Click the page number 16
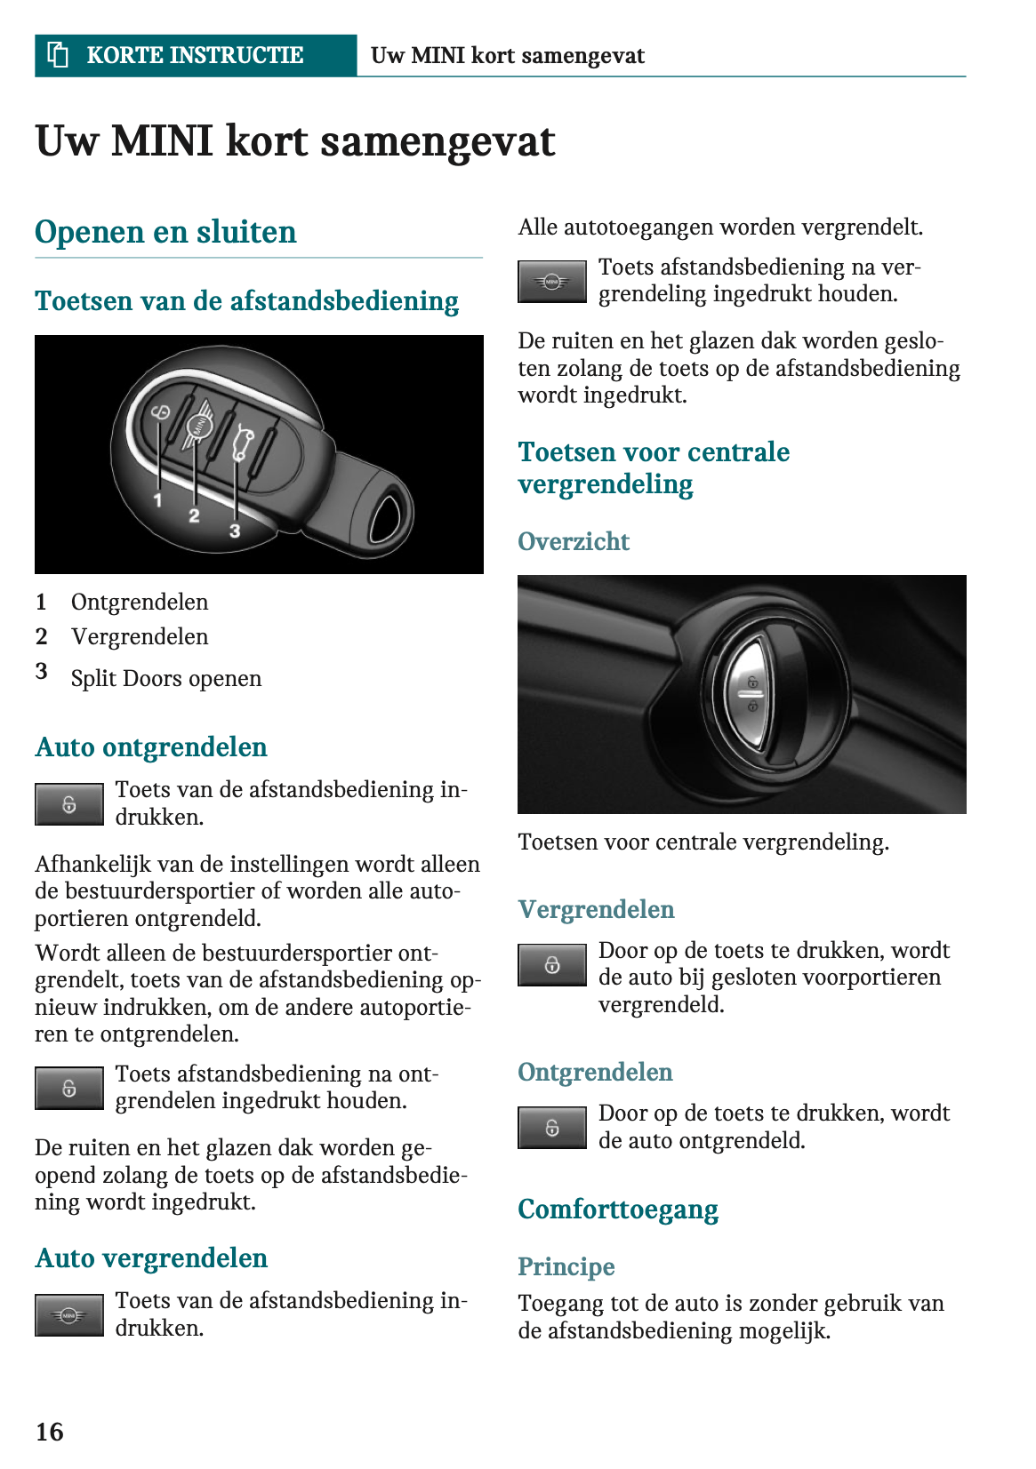click(50, 1432)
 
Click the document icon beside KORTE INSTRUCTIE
click(58, 55)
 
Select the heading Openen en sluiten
click(165, 232)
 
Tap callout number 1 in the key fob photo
click(157, 500)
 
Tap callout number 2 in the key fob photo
click(194, 515)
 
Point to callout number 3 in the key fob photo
click(235, 531)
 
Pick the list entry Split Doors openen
click(166, 678)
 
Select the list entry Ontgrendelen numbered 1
click(140, 602)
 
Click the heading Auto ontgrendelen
click(151, 747)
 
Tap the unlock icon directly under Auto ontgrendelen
click(69, 804)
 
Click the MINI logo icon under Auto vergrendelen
click(69, 1315)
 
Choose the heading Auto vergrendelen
click(151, 1258)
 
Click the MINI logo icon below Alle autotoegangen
click(552, 282)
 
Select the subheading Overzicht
click(574, 541)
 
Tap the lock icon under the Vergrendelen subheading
click(552, 965)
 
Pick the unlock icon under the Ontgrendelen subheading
click(552, 1128)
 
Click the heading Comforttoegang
click(618, 1210)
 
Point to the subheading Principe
click(566, 1266)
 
